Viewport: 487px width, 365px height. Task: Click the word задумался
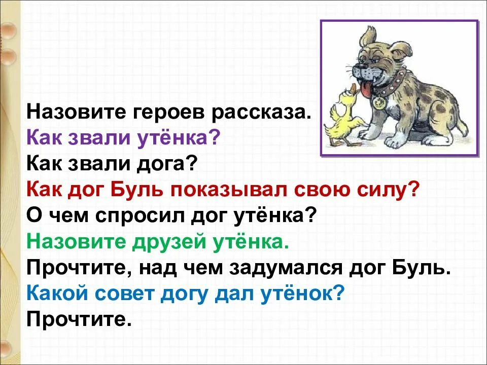pyautogui.click(x=286, y=268)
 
